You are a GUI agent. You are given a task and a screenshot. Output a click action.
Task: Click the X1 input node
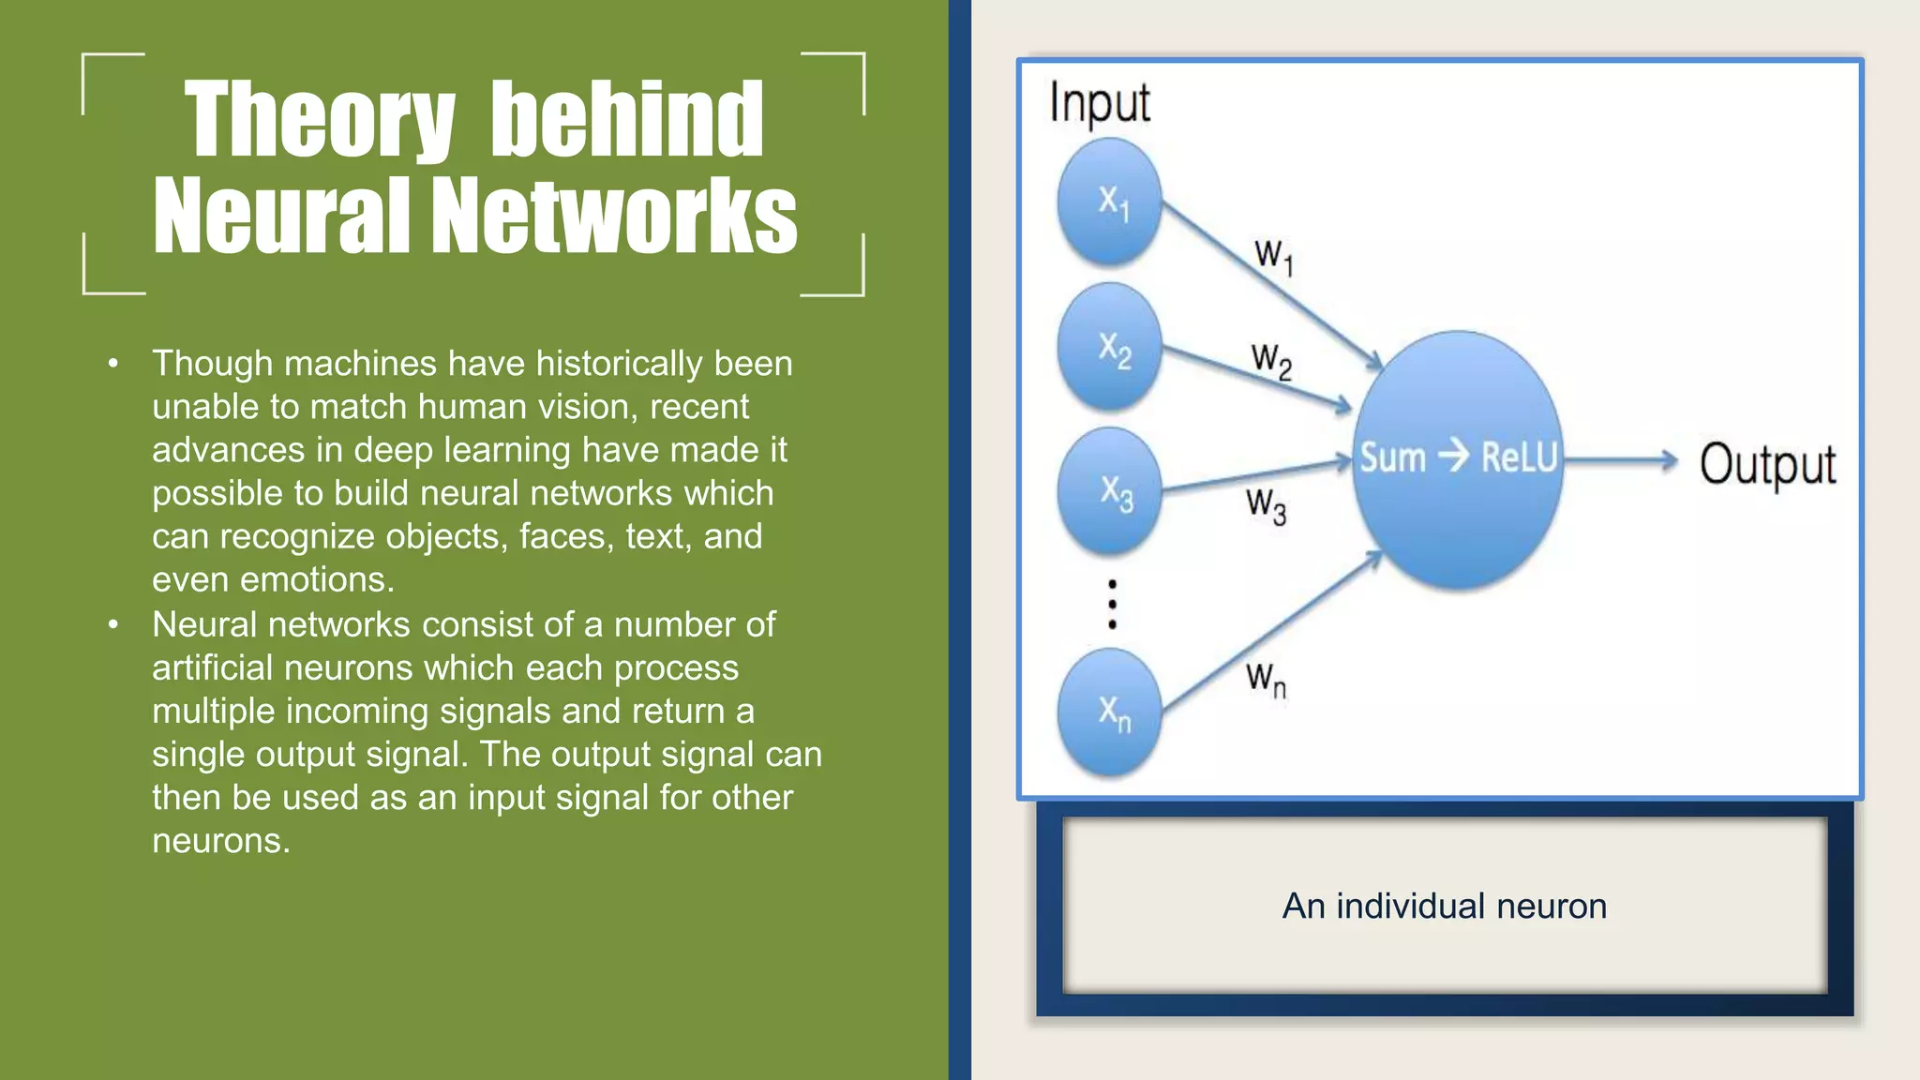tap(1110, 202)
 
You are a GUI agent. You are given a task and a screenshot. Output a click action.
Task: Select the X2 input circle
tap(1110, 348)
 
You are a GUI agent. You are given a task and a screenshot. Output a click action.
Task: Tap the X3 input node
tap(1110, 491)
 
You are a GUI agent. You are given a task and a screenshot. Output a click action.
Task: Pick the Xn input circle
tap(1110, 712)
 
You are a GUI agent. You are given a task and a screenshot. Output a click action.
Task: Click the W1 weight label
tap(1274, 255)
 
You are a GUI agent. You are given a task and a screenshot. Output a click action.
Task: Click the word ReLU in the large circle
tap(1519, 457)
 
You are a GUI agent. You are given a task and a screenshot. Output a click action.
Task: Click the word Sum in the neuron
tap(1392, 457)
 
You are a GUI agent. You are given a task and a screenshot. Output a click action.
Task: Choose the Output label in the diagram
tap(1767, 465)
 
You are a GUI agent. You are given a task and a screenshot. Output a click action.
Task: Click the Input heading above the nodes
tap(1099, 103)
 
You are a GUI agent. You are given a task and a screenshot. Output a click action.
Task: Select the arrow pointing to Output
tap(1622, 459)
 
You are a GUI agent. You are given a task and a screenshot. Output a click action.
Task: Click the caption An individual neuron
tap(1444, 906)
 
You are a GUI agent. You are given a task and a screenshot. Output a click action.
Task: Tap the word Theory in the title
tap(319, 120)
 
